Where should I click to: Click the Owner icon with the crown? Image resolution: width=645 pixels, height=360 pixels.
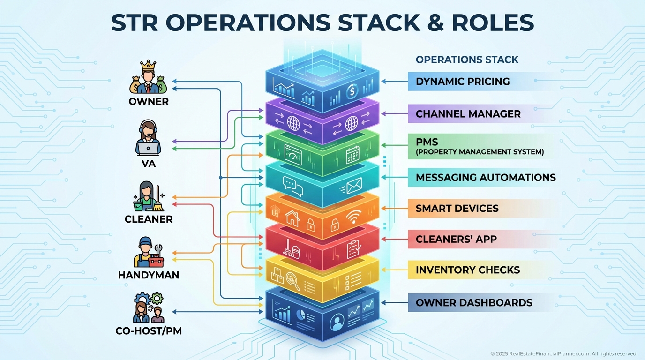[x=148, y=79]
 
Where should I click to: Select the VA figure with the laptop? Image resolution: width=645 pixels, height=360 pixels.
[x=148, y=139]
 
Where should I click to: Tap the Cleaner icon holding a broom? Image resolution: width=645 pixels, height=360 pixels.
[x=148, y=197]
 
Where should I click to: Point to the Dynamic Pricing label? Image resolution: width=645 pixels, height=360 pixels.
[x=463, y=82]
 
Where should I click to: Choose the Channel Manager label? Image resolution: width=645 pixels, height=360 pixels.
[x=468, y=114]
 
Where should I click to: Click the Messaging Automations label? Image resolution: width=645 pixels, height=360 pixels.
[x=486, y=178]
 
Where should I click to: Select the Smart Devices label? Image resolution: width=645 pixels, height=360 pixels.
[x=457, y=209]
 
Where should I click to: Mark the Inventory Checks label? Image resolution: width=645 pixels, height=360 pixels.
[x=468, y=270]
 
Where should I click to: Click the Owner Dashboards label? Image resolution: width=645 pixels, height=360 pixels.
[x=474, y=303]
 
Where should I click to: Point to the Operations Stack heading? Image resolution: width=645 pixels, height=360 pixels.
[x=467, y=60]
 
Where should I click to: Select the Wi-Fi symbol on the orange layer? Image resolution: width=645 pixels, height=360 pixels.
[x=354, y=217]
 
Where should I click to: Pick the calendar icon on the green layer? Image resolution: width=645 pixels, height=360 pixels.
[x=352, y=156]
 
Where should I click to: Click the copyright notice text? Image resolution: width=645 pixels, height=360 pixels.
[x=563, y=353]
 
